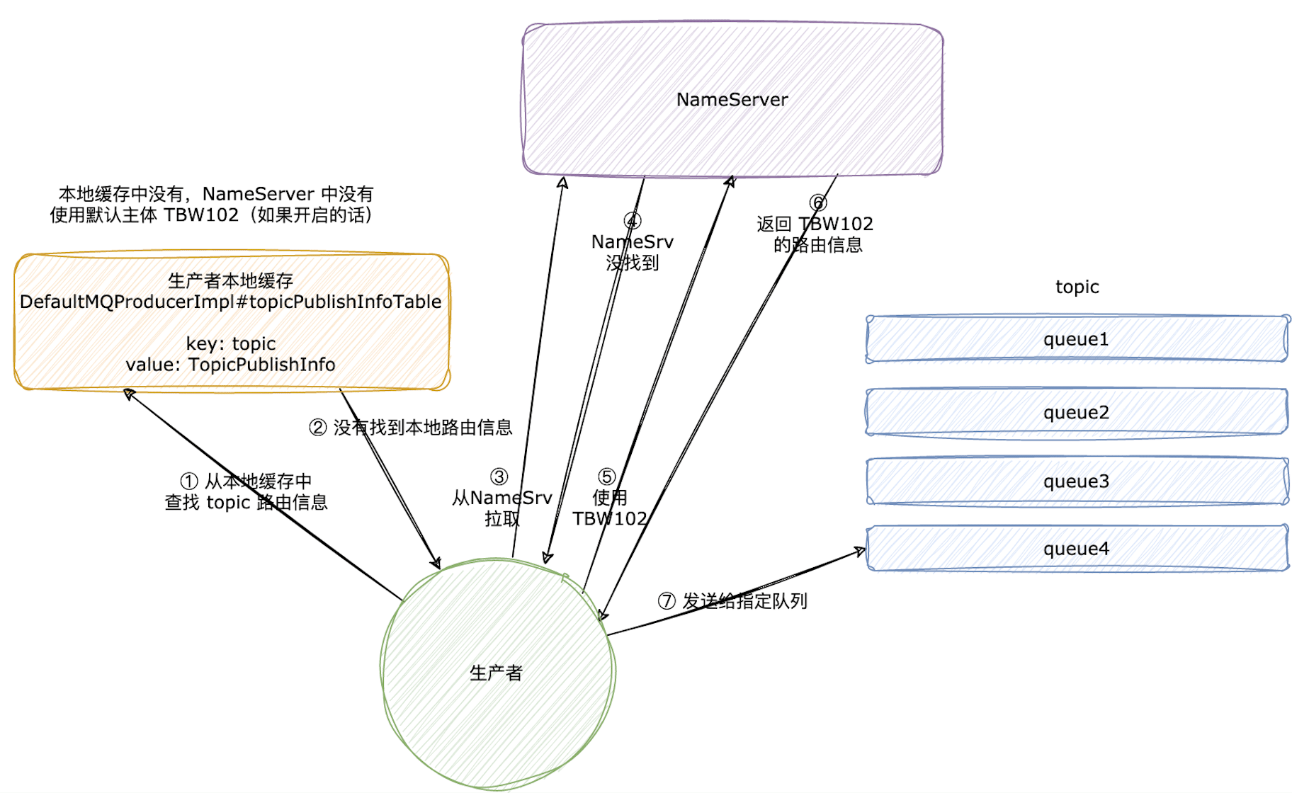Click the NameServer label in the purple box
click(x=732, y=100)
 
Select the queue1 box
click(x=1076, y=339)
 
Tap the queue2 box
click(x=1076, y=412)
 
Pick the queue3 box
click(x=1076, y=481)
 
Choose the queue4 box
click(x=1076, y=549)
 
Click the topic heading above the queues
click(x=1077, y=287)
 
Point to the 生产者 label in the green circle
click(x=496, y=673)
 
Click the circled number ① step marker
click(x=189, y=481)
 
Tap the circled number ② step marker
click(x=318, y=428)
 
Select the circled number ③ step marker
click(x=499, y=477)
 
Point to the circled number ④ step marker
click(x=632, y=221)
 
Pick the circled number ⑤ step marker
click(x=607, y=477)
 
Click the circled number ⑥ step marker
click(x=818, y=203)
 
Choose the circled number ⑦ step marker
click(x=667, y=601)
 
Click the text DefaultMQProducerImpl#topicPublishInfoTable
click(x=230, y=302)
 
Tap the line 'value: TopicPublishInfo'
click(x=230, y=365)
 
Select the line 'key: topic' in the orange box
click(x=230, y=343)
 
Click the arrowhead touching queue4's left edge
click(x=860, y=551)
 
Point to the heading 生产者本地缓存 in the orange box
click(x=230, y=281)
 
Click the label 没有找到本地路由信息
click(x=423, y=428)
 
